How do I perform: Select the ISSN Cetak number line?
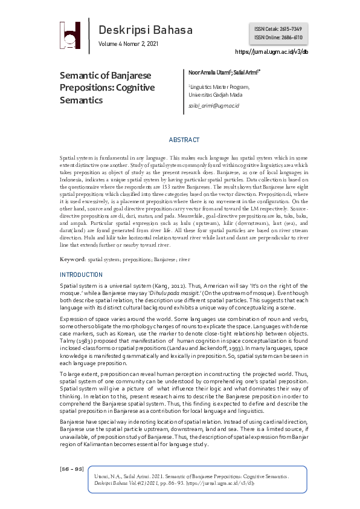coord(278,29)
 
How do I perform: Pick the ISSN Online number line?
coord(278,37)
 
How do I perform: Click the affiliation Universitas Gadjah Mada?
coord(216,95)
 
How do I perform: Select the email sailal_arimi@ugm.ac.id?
coord(214,106)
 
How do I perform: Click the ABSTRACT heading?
coord(184,140)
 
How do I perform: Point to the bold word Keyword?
coord(72,259)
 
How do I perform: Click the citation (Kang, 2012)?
coord(173,285)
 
